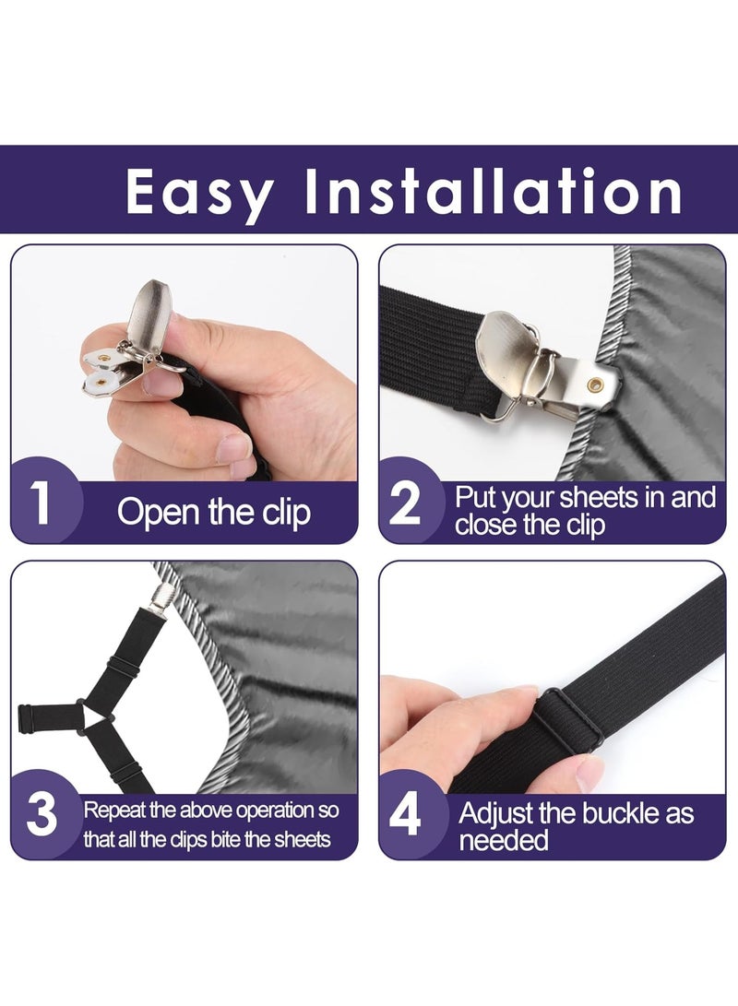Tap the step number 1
pos(40,503)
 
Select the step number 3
pos(42,814)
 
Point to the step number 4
pos(406,815)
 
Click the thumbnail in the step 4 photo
pos(589,773)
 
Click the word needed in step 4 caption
pos(504,840)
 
